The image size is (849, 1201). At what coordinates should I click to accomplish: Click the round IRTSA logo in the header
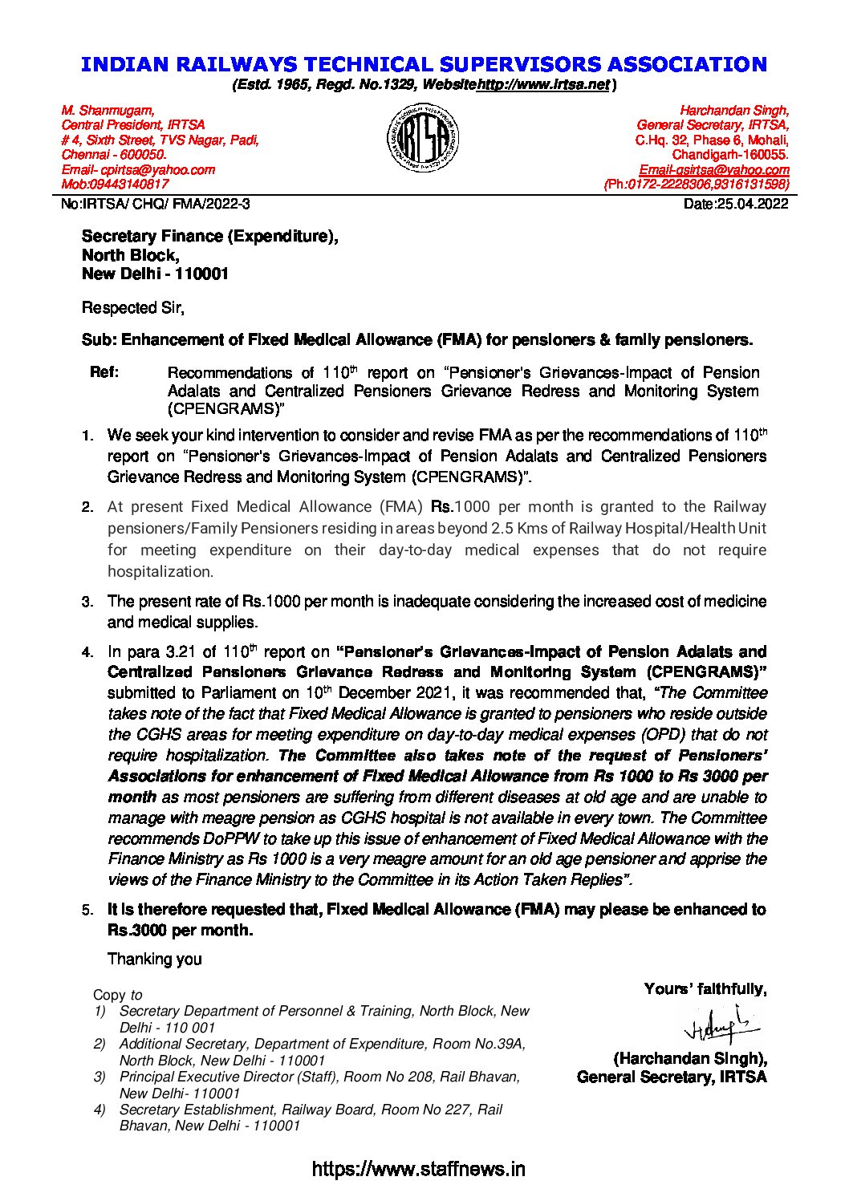424,140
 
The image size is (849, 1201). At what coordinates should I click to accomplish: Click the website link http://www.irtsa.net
543,84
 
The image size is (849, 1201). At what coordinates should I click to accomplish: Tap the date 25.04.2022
736,204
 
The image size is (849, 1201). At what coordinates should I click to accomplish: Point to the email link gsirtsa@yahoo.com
713,169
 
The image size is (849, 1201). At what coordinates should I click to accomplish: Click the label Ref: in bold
105,372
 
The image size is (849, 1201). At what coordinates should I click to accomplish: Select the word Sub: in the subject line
99,340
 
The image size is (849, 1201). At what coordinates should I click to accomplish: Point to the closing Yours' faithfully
705,989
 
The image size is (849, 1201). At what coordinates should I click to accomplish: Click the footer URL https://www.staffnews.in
418,1169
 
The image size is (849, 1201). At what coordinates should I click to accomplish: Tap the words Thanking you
155,959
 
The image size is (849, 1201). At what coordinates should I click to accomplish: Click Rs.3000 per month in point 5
180,931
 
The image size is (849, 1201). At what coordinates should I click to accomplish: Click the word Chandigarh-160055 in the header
730,155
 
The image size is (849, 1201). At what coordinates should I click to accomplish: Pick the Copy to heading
118,995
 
